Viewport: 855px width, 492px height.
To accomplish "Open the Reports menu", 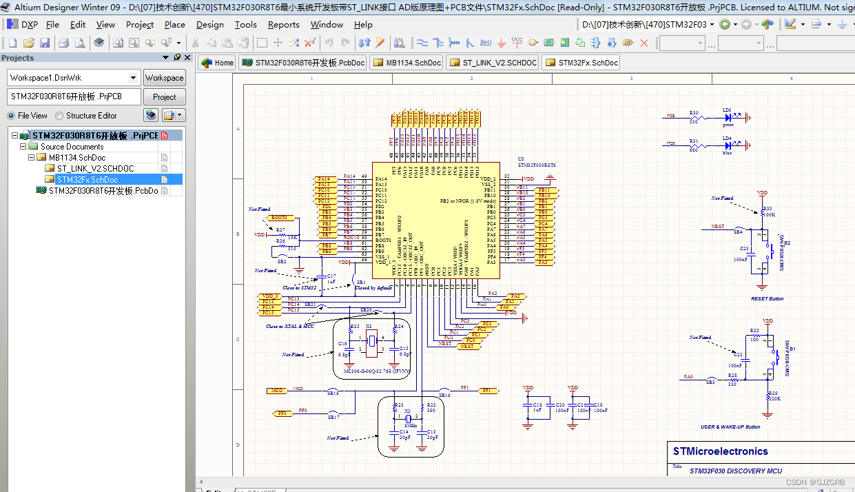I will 283,24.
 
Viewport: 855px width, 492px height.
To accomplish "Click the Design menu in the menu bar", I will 209,24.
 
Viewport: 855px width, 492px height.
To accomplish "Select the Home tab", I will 217,63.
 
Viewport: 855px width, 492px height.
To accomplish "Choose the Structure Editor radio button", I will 59,116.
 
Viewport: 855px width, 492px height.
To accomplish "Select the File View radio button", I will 11,116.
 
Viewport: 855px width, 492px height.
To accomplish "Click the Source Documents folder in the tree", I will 72,147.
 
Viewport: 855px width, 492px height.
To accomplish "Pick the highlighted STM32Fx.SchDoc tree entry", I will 87,180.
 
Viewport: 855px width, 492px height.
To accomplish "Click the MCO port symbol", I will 276,391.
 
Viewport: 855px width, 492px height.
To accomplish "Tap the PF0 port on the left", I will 282,413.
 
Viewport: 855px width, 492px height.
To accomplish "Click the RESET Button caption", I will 767,299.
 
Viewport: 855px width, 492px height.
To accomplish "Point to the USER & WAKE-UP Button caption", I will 730,427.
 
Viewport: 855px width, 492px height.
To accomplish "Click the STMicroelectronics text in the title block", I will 720,452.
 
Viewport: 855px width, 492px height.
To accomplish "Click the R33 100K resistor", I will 763,212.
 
